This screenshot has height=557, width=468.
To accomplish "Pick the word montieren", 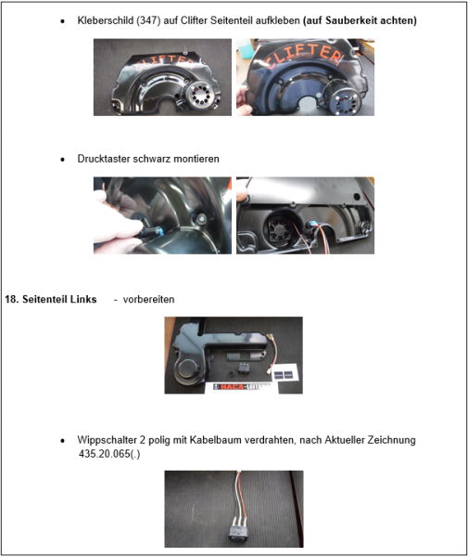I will click(x=199, y=159).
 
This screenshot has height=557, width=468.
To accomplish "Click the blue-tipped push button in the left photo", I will click(x=149, y=226).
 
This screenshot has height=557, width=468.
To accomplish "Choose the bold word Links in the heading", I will click(x=82, y=299).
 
